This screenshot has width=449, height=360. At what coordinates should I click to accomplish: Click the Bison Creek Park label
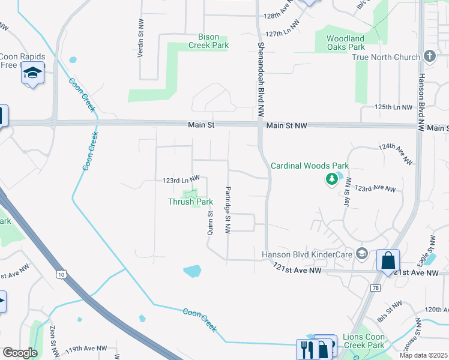(208, 41)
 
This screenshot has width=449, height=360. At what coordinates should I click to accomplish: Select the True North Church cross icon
(429, 57)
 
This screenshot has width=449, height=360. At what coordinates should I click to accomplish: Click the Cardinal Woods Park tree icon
(331, 178)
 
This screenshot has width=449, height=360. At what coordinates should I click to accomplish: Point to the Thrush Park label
(190, 202)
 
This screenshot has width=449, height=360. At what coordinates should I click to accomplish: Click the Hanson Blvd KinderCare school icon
(361, 254)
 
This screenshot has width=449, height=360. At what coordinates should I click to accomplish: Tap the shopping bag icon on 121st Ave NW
(388, 261)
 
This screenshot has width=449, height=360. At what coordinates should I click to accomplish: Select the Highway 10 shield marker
(61, 274)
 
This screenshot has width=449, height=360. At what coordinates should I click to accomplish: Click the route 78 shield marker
(375, 289)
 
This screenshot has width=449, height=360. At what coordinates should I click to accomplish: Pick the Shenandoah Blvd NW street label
(261, 79)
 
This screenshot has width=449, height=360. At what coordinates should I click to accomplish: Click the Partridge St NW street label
(228, 209)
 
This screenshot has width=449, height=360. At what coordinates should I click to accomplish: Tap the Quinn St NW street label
(211, 223)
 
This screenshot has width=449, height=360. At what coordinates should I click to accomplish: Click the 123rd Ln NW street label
(181, 180)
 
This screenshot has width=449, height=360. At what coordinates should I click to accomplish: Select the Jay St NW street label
(347, 192)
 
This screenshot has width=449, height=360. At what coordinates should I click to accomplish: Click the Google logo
(20, 353)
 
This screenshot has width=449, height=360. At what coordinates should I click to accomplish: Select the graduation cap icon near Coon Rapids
(32, 73)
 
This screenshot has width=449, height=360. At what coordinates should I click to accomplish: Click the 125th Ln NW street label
(393, 107)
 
